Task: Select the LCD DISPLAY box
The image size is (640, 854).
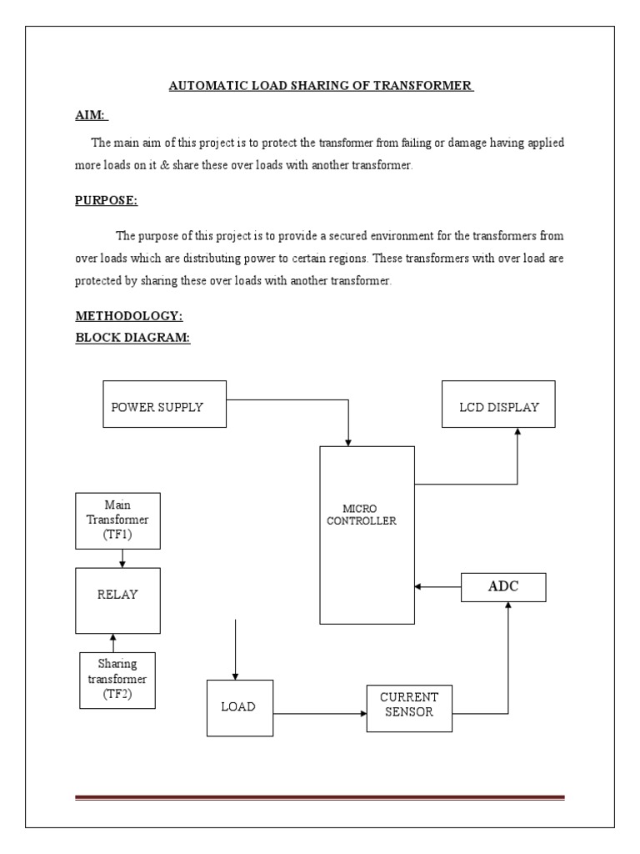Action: pos(498,406)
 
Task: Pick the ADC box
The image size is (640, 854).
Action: pos(502,586)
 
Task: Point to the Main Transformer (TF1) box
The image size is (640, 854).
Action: pos(117,520)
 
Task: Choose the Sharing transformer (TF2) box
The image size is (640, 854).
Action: pos(117,680)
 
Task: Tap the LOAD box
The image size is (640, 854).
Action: pos(239,707)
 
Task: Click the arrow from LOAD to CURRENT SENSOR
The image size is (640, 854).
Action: pos(320,714)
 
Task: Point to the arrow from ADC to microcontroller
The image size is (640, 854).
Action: pos(438,587)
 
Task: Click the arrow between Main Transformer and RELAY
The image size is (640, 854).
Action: pos(123,558)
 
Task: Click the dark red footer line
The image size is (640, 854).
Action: pos(320,798)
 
